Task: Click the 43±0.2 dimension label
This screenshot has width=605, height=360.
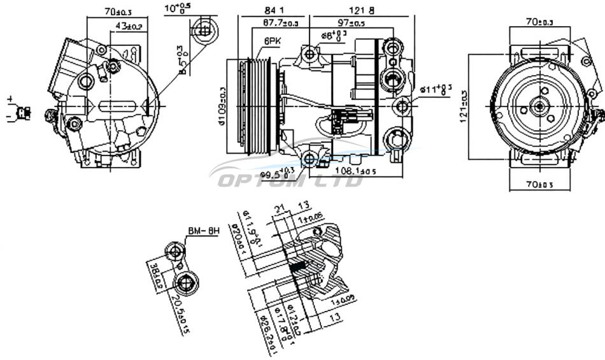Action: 129,26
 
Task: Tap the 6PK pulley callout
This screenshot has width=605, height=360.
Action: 272,41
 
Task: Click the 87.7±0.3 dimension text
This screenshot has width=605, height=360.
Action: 272,24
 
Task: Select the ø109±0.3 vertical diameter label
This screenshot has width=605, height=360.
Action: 222,105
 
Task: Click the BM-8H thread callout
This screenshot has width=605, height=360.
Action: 203,231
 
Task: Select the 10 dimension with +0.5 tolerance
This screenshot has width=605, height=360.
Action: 176,8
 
